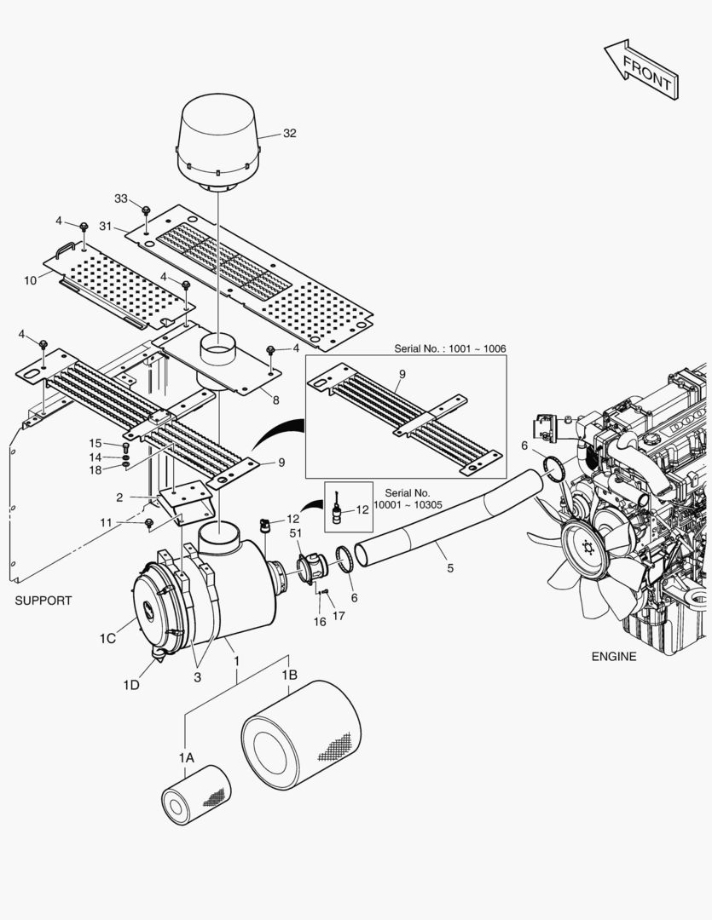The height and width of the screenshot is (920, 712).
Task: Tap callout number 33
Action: pyautogui.click(x=121, y=198)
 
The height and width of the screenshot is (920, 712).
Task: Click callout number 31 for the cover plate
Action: pyautogui.click(x=106, y=226)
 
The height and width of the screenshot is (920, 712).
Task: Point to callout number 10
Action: pyautogui.click(x=30, y=280)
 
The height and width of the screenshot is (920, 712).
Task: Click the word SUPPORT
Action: pyautogui.click(x=43, y=601)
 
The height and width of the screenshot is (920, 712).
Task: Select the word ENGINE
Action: pyautogui.click(x=614, y=656)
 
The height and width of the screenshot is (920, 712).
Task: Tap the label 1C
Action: pyautogui.click(x=107, y=638)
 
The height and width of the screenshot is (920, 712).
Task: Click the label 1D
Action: pyautogui.click(x=130, y=684)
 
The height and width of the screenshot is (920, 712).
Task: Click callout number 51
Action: pyautogui.click(x=296, y=533)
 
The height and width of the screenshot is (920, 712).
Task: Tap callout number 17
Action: pyautogui.click(x=339, y=616)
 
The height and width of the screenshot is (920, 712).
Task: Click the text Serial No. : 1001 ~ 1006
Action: pyautogui.click(x=450, y=349)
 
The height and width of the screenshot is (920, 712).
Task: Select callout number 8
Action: pyautogui.click(x=276, y=399)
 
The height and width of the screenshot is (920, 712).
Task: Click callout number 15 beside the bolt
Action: pyautogui.click(x=96, y=443)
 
